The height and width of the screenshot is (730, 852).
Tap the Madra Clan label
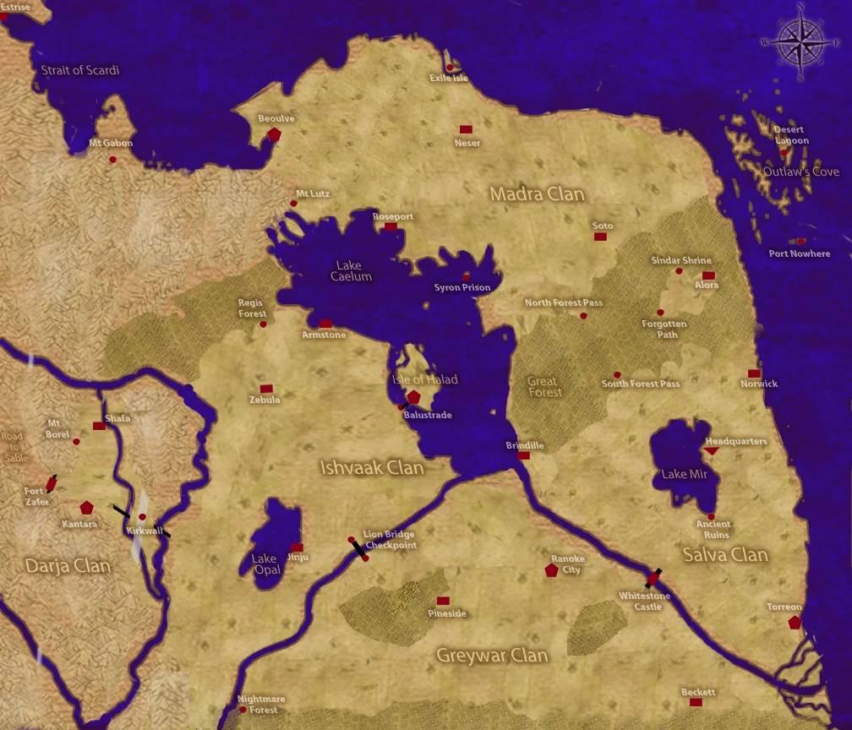pos(537,194)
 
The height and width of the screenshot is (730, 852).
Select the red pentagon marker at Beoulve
pos(274,134)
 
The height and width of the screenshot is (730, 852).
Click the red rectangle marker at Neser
pos(465,129)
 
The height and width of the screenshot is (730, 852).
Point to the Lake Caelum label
pos(348,271)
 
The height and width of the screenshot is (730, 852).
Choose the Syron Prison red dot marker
pos(466,277)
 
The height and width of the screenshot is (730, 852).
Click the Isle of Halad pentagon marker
pos(413,397)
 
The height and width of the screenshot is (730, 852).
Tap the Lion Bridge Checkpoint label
pos(390,540)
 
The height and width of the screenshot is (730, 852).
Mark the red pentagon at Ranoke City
pos(552,570)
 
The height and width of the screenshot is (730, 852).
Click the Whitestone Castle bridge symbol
pos(653,579)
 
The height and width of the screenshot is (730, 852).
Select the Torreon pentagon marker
pos(794,623)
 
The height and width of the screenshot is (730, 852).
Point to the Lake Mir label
pos(685,474)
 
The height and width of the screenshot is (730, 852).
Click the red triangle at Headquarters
pos(712,451)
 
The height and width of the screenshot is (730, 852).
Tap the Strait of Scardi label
pos(80,70)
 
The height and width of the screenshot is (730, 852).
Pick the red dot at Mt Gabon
pos(112,159)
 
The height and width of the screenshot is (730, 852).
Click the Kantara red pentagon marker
pos(86,508)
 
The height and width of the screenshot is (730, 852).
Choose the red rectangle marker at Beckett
pos(697,702)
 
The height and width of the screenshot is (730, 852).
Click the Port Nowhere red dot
pos(800,242)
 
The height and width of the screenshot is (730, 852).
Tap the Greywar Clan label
pos(492,655)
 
